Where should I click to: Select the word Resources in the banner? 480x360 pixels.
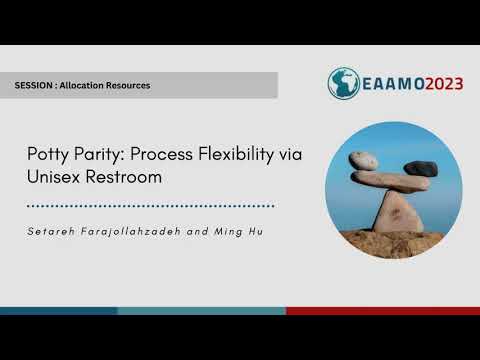pos(132,86)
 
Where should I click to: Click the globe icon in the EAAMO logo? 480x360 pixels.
pos(344,82)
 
